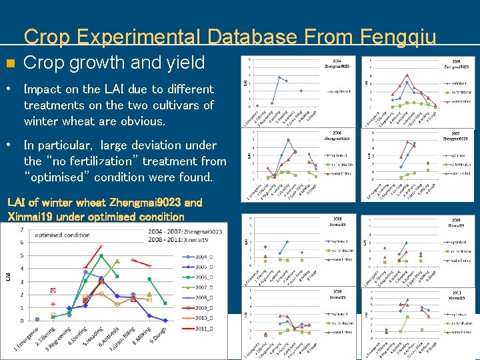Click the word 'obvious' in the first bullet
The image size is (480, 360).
(141, 121)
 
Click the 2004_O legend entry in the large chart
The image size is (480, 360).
(200, 257)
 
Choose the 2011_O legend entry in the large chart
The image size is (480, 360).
(200, 328)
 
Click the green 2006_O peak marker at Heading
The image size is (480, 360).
(101, 255)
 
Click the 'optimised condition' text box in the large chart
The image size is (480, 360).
(63, 235)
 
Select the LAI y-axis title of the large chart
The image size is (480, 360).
(8, 274)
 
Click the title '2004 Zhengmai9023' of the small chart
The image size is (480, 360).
(337, 63)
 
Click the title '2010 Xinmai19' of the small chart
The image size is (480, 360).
(337, 294)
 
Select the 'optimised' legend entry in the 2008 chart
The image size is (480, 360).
(340, 241)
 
